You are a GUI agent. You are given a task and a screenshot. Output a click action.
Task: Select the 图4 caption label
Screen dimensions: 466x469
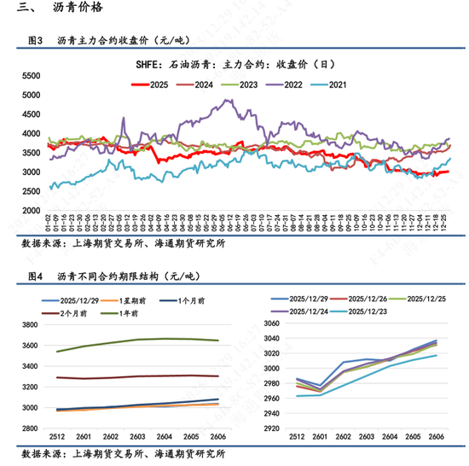point(36,277)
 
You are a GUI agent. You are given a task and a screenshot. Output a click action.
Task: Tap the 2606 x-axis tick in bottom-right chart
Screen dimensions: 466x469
point(436,438)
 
